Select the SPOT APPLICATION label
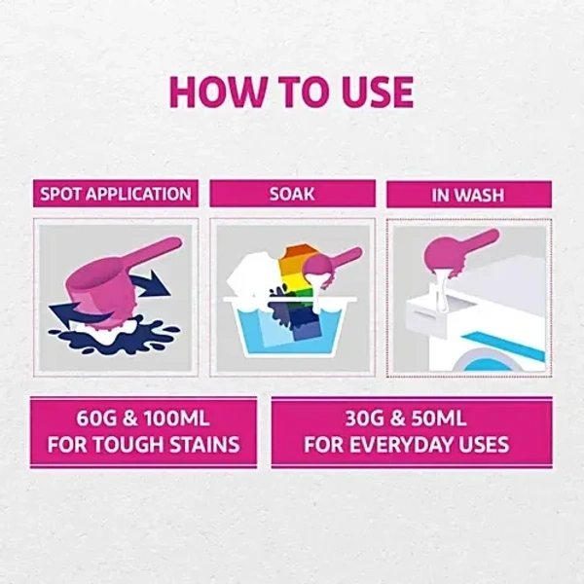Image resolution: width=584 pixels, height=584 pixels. tap(115, 194)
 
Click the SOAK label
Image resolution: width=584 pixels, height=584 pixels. tap(292, 194)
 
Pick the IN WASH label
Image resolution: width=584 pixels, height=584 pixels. tap(468, 195)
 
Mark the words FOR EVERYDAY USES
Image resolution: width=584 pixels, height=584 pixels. tap(406, 448)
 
